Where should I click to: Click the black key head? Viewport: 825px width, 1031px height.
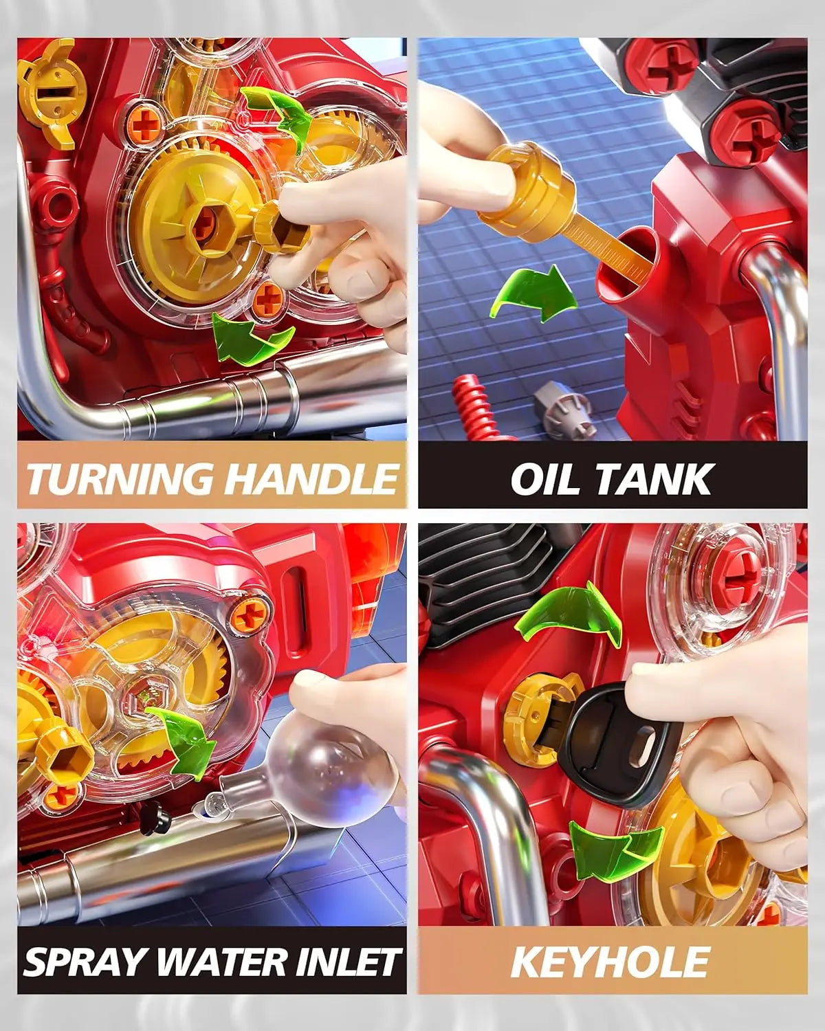(618, 750)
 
